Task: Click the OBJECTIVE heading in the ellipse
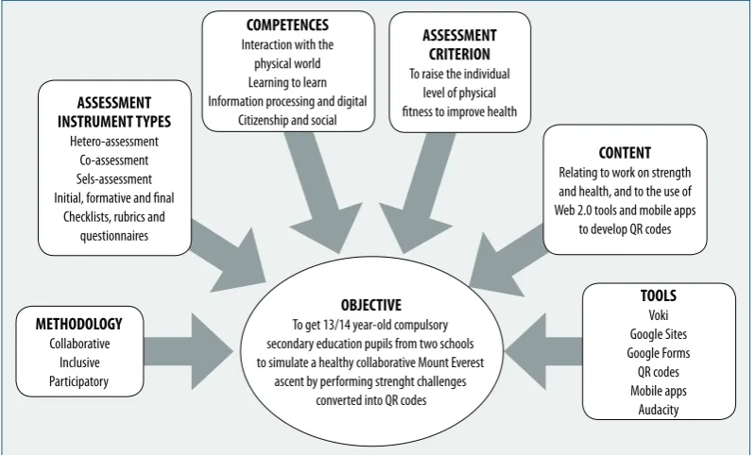tap(370, 305)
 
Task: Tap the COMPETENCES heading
tap(287, 25)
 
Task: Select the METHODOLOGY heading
tap(79, 324)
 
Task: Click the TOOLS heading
tap(659, 295)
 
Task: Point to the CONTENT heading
tap(625, 153)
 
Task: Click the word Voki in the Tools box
tap(659, 315)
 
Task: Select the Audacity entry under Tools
tap(659, 410)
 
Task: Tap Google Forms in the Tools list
tap(659, 353)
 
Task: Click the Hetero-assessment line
tap(114, 142)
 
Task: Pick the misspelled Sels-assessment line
tap(114, 179)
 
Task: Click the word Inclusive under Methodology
tap(79, 362)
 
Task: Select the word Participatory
tap(79, 381)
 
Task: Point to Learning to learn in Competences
tap(287, 82)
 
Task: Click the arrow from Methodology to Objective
tap(188, 351)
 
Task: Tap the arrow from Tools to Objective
tap(543, 351)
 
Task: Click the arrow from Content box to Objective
tap(508, 260)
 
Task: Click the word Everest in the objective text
tap(466, 362)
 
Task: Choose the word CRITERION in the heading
tap(459, 55)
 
